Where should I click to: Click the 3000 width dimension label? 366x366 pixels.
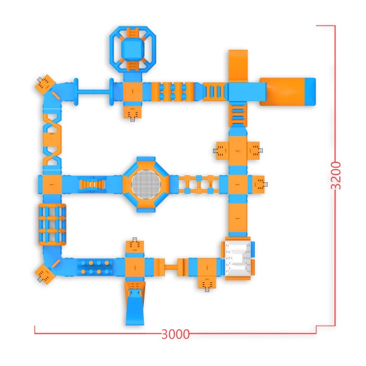point(175,334)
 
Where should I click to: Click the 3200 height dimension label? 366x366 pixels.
point(336,175)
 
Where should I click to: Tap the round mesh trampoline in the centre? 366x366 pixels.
point(146,184)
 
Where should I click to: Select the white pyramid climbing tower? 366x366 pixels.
point(238,259)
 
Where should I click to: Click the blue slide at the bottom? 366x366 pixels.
point(135,307)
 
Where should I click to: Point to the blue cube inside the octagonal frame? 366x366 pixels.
point(132,49)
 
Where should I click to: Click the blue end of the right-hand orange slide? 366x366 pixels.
point(310,91)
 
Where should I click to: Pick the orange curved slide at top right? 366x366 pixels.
point(238,65)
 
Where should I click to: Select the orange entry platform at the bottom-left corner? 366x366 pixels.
point(45,274)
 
